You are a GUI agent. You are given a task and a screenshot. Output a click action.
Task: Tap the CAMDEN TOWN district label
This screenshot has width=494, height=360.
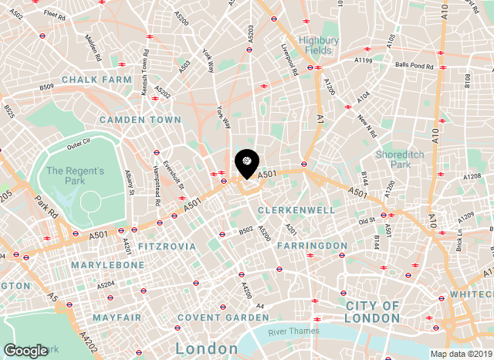pyautogui.click(x=140, y=120)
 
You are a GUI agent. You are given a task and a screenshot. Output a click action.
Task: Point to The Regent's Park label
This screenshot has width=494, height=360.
pyautogui.click(x=75, y=175)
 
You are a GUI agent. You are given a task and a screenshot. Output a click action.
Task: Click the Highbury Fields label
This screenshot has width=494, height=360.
pyautogui.click(x=319, y=45)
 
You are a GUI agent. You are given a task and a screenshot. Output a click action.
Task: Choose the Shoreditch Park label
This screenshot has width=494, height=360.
pyautogui.click(x=398, y=159)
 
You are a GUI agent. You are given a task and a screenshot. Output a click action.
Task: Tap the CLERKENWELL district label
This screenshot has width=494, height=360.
pyautogui.click(x=296, y=210)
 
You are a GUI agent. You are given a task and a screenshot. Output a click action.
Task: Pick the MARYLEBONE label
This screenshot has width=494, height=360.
pyautogui.click(x=108, y=265)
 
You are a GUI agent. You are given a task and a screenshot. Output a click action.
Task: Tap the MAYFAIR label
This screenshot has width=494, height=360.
pyautogui.click(x=117, y=318)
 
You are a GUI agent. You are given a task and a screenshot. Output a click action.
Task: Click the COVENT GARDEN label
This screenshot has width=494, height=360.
pyautogui.click(x=211, y=318)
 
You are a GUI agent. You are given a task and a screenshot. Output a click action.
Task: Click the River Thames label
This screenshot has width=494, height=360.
pyautogui.click(x=293, y=332)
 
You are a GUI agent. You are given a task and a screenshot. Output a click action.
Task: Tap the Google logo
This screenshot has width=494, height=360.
pyautogui.click(x=25, y=351)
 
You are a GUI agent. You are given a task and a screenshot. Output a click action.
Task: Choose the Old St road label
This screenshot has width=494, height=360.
pyautogui.click(x=366, y=221)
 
